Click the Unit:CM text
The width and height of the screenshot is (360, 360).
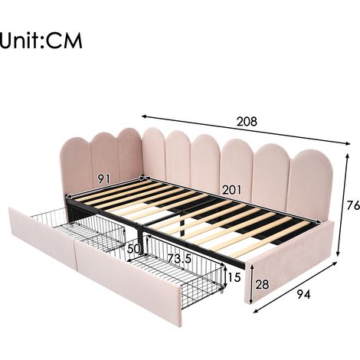41,40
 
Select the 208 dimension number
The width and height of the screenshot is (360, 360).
247,122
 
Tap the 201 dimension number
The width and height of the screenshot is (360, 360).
231,190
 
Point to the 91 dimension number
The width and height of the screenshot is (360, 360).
103,179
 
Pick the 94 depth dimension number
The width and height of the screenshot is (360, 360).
303,295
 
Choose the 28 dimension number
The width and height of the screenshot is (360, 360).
262,284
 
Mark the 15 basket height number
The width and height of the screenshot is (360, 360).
234,277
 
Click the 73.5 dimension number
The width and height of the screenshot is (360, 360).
179,259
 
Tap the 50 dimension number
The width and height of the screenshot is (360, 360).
134,249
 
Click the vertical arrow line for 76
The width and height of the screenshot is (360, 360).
342,205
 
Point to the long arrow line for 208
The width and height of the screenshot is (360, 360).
246,129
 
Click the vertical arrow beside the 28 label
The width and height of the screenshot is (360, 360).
252,284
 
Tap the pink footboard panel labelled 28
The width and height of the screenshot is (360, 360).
289,262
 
